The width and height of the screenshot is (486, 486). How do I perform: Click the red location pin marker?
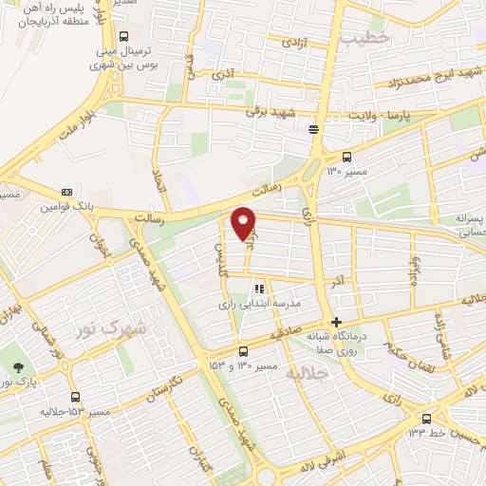pos(244,224)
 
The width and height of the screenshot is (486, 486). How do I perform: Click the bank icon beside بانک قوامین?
pos(65,190)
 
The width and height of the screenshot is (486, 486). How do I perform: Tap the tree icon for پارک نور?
pos(16,367)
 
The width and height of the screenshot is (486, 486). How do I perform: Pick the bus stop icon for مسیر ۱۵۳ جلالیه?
pos(75,398)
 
